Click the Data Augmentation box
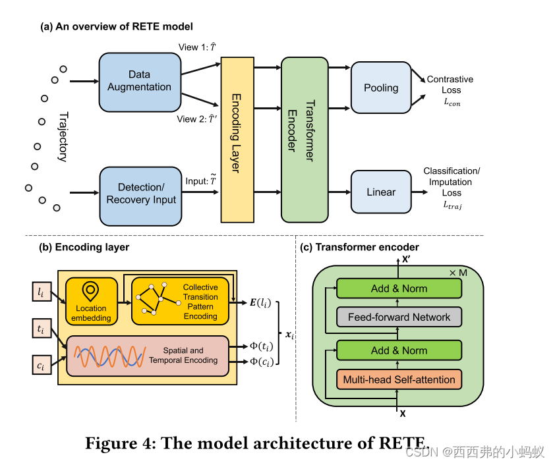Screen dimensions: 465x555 [139, 82]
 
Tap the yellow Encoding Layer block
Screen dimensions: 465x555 [237, 139]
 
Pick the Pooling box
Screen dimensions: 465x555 [381, 88]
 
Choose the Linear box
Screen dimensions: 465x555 [381, 192]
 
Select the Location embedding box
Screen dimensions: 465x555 [91, 301]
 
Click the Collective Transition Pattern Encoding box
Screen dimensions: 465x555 [181, 301]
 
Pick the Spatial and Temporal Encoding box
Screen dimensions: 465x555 [146, 355]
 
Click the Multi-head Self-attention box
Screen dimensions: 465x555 [399, 379]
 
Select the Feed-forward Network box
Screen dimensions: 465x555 [399, 317]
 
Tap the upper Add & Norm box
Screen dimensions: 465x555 [399, 288]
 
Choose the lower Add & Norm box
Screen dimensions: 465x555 [399, 350]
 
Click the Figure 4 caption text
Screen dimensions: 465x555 [257, 443]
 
